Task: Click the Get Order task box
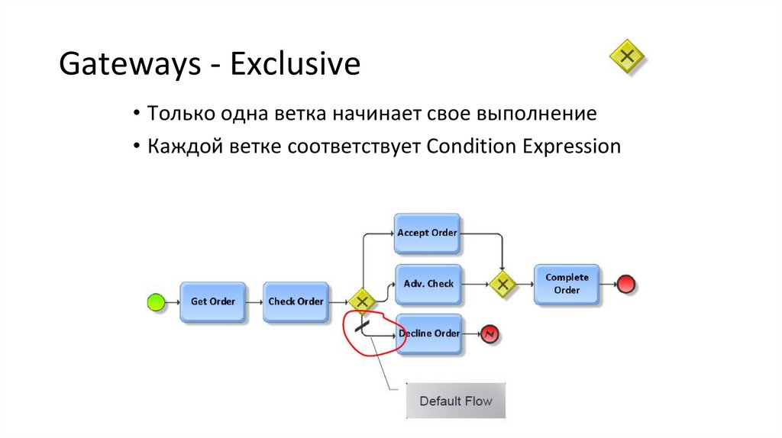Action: (212, 302)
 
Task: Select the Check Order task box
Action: (296, 302)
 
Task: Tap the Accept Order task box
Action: (427, 233)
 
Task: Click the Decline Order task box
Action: (430, 333)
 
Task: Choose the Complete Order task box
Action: (567, 284)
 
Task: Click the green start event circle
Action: (156, 303)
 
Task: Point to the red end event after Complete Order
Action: (626, 285)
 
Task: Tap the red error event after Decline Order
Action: (489, 333)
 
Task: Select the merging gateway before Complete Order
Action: (502, 285)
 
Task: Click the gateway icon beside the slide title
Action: (627, 56)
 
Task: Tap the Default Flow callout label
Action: (456, 401)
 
